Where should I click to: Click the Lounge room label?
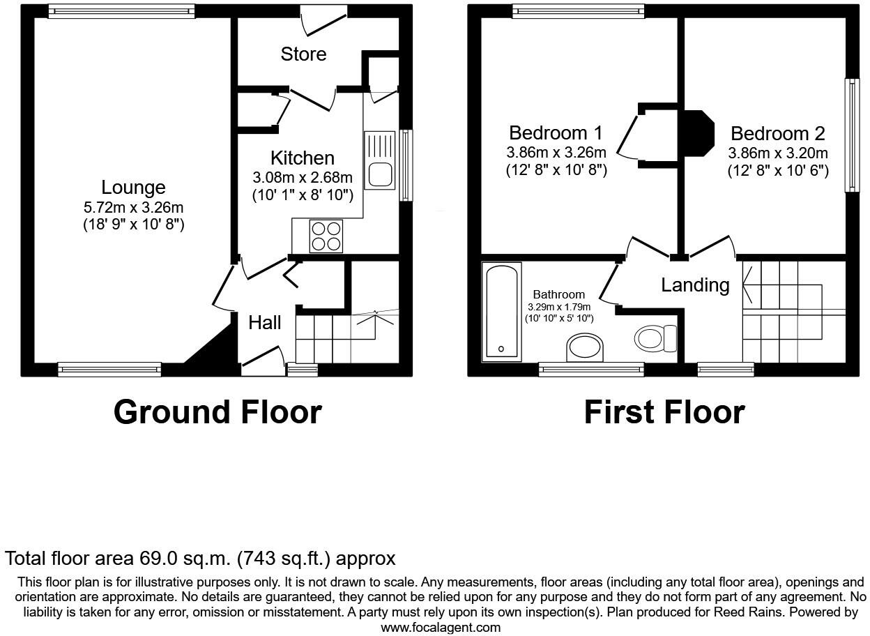point(133,187)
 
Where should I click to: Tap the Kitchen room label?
point(302,158)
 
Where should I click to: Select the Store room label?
point(303,54)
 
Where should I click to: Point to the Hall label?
point(265,322)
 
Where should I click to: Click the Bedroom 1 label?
point(556,132)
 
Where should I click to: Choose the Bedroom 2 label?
point(777,133)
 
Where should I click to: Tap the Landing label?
point(695,285)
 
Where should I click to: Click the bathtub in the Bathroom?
point(501,311)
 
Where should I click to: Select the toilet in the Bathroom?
point(655,339)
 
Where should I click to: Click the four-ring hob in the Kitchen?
point(326,236)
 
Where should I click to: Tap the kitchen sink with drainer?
point(380,160)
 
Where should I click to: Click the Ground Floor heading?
point(217,411)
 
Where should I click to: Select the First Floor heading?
point(664,411)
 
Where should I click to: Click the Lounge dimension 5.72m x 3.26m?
point(133,207)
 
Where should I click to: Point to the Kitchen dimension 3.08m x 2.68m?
point(302,178)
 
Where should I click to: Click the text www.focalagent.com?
point(441,627)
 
